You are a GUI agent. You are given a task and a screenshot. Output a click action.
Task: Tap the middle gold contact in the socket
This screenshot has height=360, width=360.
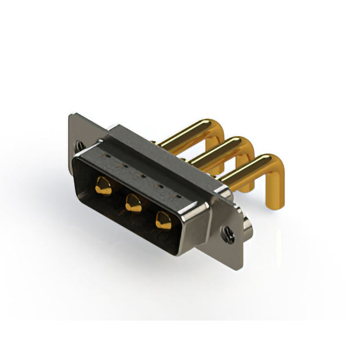point(133,201)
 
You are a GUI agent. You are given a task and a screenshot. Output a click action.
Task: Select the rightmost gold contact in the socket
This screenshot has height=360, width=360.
point(163,219)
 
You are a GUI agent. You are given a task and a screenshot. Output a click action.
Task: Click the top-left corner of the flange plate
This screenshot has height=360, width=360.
point(70,115)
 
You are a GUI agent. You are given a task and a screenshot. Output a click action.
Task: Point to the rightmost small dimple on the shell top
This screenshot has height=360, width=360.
point(179,196)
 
